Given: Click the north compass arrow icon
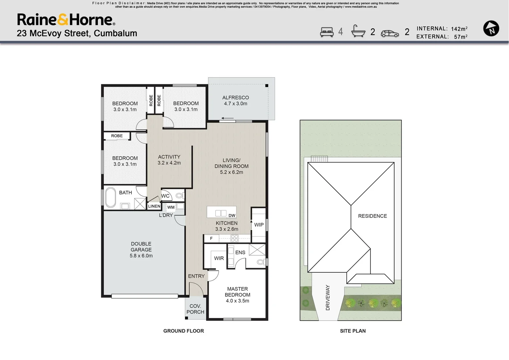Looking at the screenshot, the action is point(491,28).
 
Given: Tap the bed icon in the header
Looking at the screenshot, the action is point(327,32).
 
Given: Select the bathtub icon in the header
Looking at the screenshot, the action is point(358,31).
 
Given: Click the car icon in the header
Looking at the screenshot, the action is point(390,34).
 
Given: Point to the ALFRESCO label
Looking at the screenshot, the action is point(235,98).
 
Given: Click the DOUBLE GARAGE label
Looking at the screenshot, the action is point(141,247).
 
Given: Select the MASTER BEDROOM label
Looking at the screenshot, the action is point(237,292).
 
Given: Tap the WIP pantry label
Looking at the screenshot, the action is point(259,225).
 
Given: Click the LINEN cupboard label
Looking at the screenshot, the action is point(154,206).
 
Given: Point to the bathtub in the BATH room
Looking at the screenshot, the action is point(110,197).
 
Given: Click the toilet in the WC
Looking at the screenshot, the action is point(180,195).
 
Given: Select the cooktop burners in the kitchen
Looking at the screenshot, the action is point(234,238).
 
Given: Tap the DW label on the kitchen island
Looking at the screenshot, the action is point(232,216).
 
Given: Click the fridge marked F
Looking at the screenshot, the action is point(211,238).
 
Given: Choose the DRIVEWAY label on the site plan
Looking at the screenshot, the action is point(328,298).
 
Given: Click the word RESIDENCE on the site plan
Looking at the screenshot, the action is point(373,216).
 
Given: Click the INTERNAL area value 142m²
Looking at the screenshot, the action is point(459,29).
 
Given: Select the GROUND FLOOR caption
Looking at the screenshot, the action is point(183,331).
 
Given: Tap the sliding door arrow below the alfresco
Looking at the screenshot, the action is point(227,118).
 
